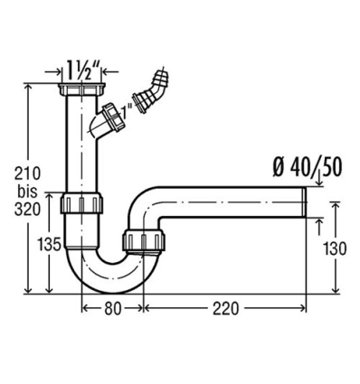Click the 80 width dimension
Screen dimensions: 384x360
(112, 308)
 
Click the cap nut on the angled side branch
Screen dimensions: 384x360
(112, 117)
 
